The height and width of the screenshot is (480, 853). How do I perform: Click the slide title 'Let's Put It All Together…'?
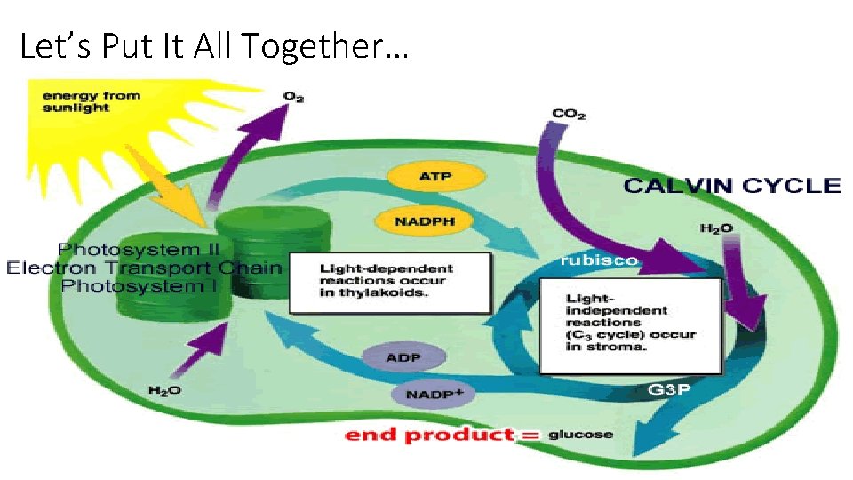click(x=213, y=45)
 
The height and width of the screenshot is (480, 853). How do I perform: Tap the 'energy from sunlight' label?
click(x=89, y=101)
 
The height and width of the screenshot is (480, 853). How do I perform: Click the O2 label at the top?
click(x=293, y=96)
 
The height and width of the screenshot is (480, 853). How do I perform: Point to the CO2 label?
click(x=569, y=114)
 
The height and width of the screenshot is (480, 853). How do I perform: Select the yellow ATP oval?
click(x=435, y=176)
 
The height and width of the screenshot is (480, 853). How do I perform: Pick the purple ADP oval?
click(x=403, y=358)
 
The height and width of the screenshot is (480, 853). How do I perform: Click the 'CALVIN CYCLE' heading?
click(x=730, y=186)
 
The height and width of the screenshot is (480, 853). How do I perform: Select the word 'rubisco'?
click(x=598, y=260)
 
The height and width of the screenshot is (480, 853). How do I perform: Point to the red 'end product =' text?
click(x=442, y=435)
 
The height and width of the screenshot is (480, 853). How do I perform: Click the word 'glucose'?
click(x=580, y=435)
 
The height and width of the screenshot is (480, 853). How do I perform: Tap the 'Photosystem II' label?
click(x=143, y=249)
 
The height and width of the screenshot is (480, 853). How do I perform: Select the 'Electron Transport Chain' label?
click(x=143, y=268)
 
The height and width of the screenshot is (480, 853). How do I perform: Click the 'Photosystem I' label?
click(x=143, y=285)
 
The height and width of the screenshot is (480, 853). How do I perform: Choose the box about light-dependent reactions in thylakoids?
click(x=391, y=283)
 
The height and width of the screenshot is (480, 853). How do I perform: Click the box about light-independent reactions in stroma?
click(x=631, y=325)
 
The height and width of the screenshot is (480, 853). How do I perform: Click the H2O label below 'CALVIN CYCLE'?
click(x=716, y=228)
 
